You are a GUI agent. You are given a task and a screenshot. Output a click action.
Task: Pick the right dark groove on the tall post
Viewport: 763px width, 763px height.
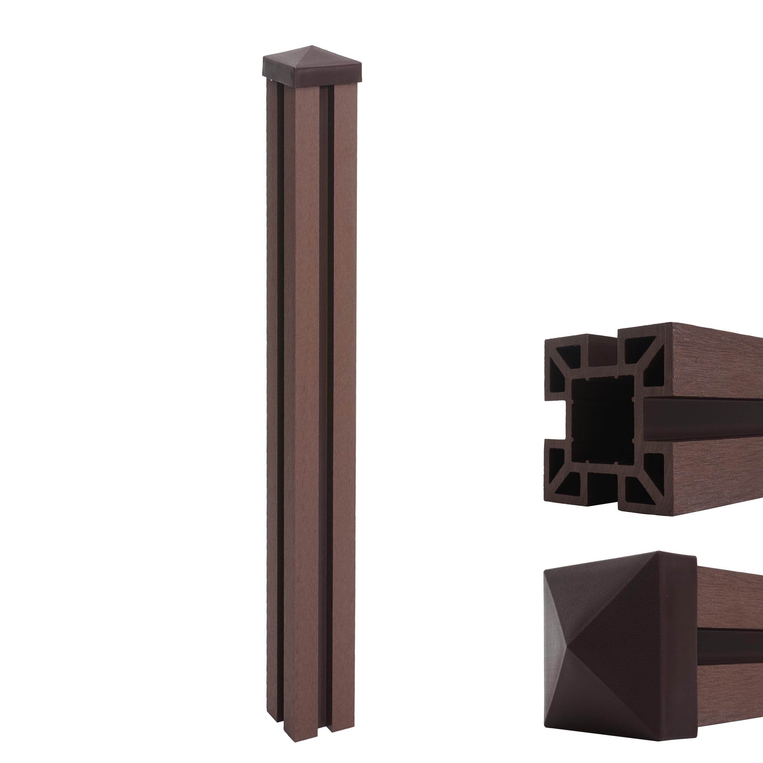[x=325, y=395]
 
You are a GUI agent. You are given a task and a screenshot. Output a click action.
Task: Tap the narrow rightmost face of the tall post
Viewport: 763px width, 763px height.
[x=342, y=395]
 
